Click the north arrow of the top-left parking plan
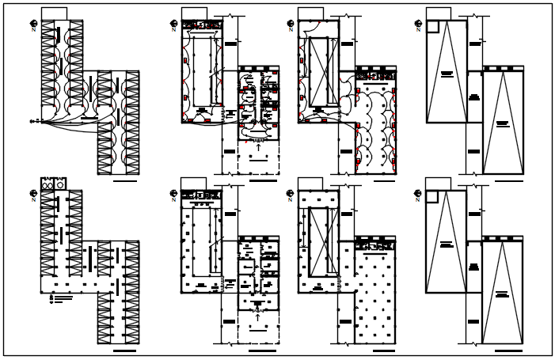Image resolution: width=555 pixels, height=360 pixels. (32, 25)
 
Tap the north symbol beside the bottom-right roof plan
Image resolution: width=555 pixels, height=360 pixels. (418, 194)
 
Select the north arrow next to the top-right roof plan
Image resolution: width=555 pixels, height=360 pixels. (418, 25)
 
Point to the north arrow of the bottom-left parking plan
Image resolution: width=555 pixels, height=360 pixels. (32, 194)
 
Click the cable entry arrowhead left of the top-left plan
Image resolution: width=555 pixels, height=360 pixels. (32, 121)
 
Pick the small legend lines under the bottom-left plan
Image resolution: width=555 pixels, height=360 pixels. (62, 300)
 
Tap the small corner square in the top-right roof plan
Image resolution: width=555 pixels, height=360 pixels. (432, 27)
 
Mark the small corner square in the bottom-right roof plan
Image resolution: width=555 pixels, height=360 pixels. (432, 196)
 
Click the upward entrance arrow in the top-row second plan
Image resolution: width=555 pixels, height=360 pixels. (258, 146)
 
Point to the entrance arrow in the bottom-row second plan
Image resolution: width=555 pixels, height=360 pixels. (258, 315)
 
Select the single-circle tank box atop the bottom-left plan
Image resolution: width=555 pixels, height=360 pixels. (59, 184)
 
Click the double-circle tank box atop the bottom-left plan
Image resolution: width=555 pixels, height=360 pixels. (47, 184)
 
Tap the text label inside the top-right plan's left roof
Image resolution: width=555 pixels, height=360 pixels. (447, 74)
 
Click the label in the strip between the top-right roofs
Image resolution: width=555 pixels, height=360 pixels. (473, 97)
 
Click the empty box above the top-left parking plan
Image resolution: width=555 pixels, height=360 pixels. (54, 13)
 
